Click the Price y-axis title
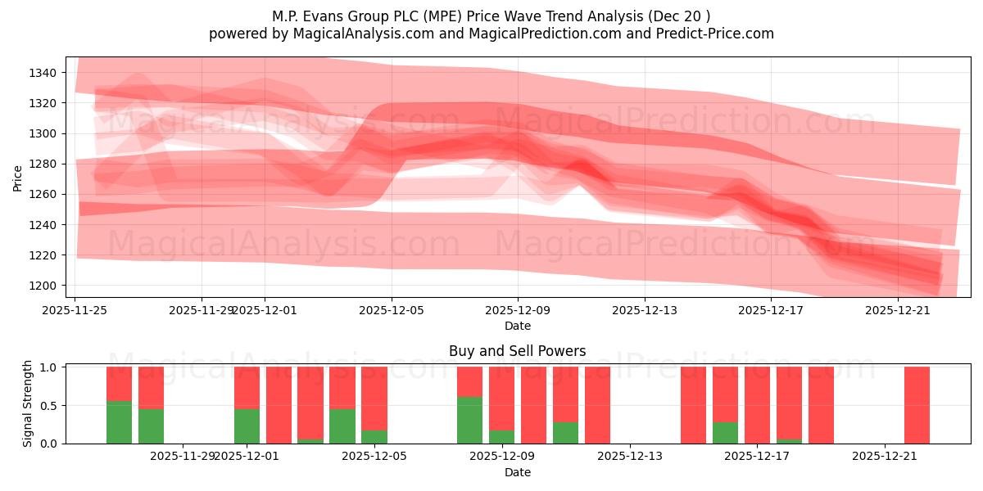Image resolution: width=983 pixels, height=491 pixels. coord(17,177)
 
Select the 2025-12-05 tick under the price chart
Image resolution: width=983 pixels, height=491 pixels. coord(391,310)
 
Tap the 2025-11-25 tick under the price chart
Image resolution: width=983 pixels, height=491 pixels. coord(75,310)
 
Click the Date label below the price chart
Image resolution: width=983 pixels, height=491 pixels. coord(517,326)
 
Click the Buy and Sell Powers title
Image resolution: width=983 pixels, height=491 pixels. coord(517,351)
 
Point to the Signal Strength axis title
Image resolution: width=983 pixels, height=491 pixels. coord(27,404)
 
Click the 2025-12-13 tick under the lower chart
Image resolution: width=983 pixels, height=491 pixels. coord(630,456)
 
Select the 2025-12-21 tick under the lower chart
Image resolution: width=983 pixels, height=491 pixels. coord(885,456)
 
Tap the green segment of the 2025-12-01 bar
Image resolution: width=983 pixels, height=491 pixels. coord(247,426)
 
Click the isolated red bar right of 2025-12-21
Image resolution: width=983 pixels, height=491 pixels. coord(917,405)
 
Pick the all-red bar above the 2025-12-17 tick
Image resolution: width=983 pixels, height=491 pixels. coord(757,405)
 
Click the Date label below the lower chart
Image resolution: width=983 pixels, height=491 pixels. coord(517,472)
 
